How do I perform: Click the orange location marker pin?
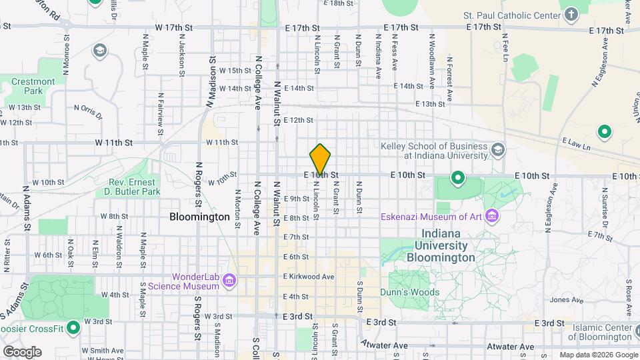320,159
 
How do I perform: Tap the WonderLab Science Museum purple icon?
230,281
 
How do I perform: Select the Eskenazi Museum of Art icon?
492,216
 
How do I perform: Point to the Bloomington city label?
199,217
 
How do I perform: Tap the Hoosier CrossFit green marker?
73,328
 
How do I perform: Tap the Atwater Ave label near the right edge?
511,347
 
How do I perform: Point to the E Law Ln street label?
577,142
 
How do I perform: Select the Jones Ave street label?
563,300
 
